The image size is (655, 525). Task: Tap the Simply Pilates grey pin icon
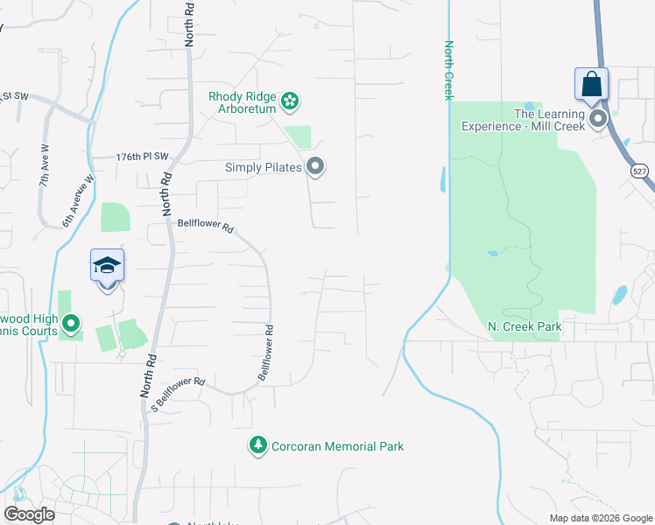coord(316,166)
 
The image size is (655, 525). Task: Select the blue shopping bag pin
coord(591,85)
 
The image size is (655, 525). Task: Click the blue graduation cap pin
coord(107,266)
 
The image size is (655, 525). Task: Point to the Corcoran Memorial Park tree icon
coord(257,446)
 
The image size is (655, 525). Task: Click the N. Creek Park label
coord(525,327)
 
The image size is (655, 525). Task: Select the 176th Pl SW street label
coord(142,156)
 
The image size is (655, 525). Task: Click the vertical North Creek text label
coord(448,70)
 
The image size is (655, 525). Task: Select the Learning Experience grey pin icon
coord(599,119)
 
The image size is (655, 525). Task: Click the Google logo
coord(29,514)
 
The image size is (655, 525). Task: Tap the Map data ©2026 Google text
coord(600,518)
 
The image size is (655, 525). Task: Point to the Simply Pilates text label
coord(264,167)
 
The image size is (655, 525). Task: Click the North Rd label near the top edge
coord(189,24)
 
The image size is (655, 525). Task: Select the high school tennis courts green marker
coord(72,325)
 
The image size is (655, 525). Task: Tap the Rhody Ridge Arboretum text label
coord(243,102)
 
